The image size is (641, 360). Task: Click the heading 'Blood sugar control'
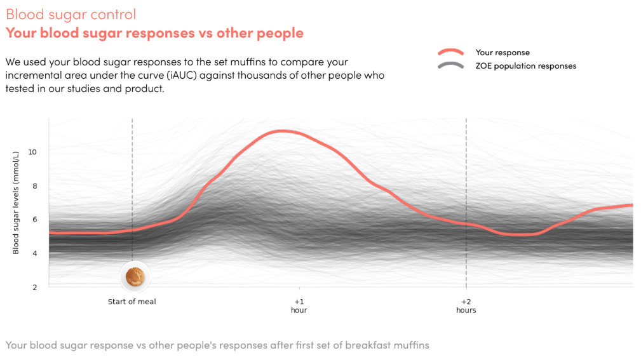pos(71,15)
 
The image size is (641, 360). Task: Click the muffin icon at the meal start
pos(135,276)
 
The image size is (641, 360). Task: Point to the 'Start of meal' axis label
pos(132,302)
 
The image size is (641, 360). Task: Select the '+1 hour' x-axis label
pos(299,306)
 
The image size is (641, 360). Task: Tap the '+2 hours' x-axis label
pos(466,306)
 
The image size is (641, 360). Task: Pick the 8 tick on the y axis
pos(35,187)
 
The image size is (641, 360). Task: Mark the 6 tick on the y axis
pos(35,220)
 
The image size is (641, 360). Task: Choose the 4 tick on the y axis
pos(35,254)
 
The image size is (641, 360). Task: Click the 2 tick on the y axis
pos(35,288)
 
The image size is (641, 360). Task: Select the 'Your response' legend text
pos(503,53)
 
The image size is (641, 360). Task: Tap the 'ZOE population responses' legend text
pos(526,66)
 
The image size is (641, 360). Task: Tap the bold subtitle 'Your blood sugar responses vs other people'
pos(154,33)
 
